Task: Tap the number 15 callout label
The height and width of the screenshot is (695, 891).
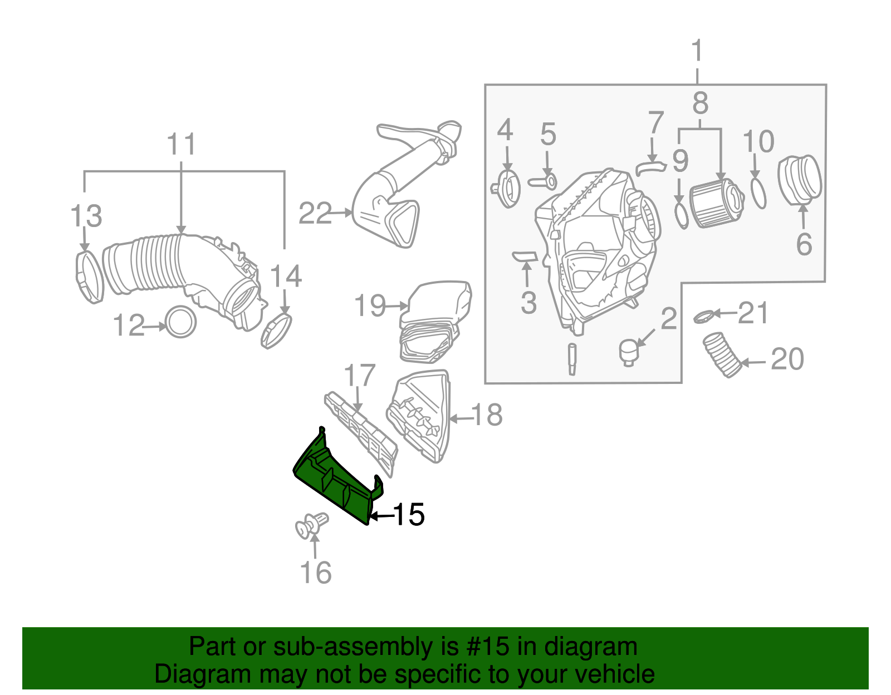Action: tap(409, 515)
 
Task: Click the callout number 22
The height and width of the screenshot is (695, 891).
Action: tap(315, 214)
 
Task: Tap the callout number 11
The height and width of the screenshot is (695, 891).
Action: tap(182, 145)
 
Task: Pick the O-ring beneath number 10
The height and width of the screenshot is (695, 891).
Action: tap(758, 193)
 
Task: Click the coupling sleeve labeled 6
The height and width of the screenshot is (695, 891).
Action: tap(800, 180)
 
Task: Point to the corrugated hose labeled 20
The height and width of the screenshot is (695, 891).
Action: tap(722, 354)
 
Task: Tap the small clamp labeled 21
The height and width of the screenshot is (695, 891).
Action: tap(703, 317)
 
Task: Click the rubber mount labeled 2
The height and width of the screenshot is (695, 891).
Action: tap(628, 352)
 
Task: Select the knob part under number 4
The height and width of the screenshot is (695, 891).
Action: tap(507, 189)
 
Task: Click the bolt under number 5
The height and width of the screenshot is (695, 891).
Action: tap(543, 181)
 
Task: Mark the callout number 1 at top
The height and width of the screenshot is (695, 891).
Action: tap(697, 51)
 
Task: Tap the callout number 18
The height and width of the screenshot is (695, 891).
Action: tap(487, 415)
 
